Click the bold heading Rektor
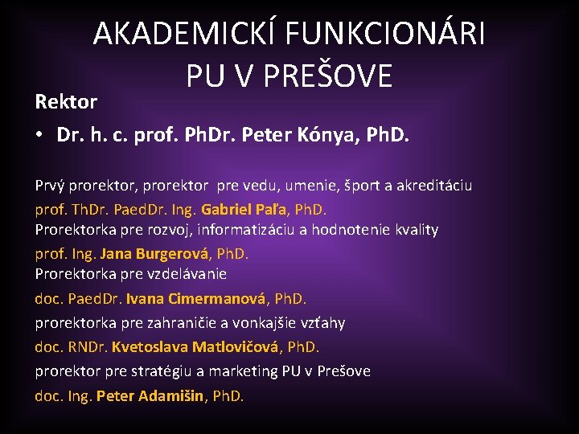(x=66, y=102)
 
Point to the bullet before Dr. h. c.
(x=39, y=134)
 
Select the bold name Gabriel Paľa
(x=245, y=209)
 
